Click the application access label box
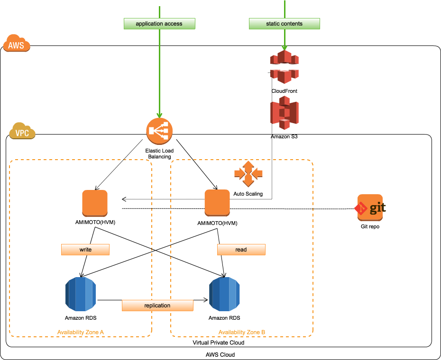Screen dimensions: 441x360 (x=159, y=24)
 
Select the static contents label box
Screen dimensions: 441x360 (x=285, y=24)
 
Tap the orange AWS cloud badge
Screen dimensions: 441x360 (x=17, y=43)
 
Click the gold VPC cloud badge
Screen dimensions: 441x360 (x=22, y=131)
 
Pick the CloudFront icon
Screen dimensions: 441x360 (x=285, y=67)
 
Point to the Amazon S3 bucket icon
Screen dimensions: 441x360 (x=285, y=113)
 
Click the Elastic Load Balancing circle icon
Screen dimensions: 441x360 (x=159, y=131)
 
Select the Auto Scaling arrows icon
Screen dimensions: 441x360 (x=248, y=174)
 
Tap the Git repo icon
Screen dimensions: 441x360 (x=370, y=207)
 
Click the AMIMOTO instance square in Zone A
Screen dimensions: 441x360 (x=95, y=203)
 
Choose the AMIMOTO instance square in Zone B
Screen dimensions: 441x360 (x=217, y=203)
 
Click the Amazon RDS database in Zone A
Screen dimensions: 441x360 (x=81, y=294)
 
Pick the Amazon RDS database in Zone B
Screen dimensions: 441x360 (x=224, y=294)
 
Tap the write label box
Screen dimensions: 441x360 (x=85, y=250)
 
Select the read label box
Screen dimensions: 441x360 (x=241, y=250)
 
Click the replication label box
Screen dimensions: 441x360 (x=157, y=306)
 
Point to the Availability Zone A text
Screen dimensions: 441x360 (x=81, y=332)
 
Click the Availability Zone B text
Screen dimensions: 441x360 (x=241, y=332)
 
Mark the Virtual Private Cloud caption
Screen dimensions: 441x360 (x=219, y=342)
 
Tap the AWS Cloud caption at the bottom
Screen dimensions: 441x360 (x=220, y=355)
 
